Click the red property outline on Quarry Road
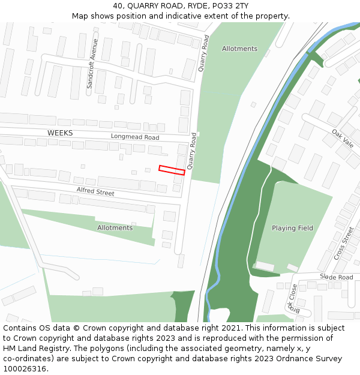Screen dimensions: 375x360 (x=172, y=170)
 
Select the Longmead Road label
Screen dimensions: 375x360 (x=135, y=137)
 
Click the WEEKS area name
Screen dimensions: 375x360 (x=60, y=133)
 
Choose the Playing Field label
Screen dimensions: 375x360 (x=292, y=228)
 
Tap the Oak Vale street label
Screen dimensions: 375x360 (x=343, y=139)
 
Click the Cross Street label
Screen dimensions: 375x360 (x=344, y=243)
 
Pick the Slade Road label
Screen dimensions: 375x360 (x=337, y=277)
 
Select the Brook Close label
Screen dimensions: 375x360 (x=293, y=298)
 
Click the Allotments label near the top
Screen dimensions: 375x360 (x=239, y=49)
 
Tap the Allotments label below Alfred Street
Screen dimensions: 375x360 (x=115, y=228)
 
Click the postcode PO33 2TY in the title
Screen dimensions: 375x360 (x=227, y=6)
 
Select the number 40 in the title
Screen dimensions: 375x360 (x=118, y=6)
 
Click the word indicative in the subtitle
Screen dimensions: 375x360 (x=193, y=16)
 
